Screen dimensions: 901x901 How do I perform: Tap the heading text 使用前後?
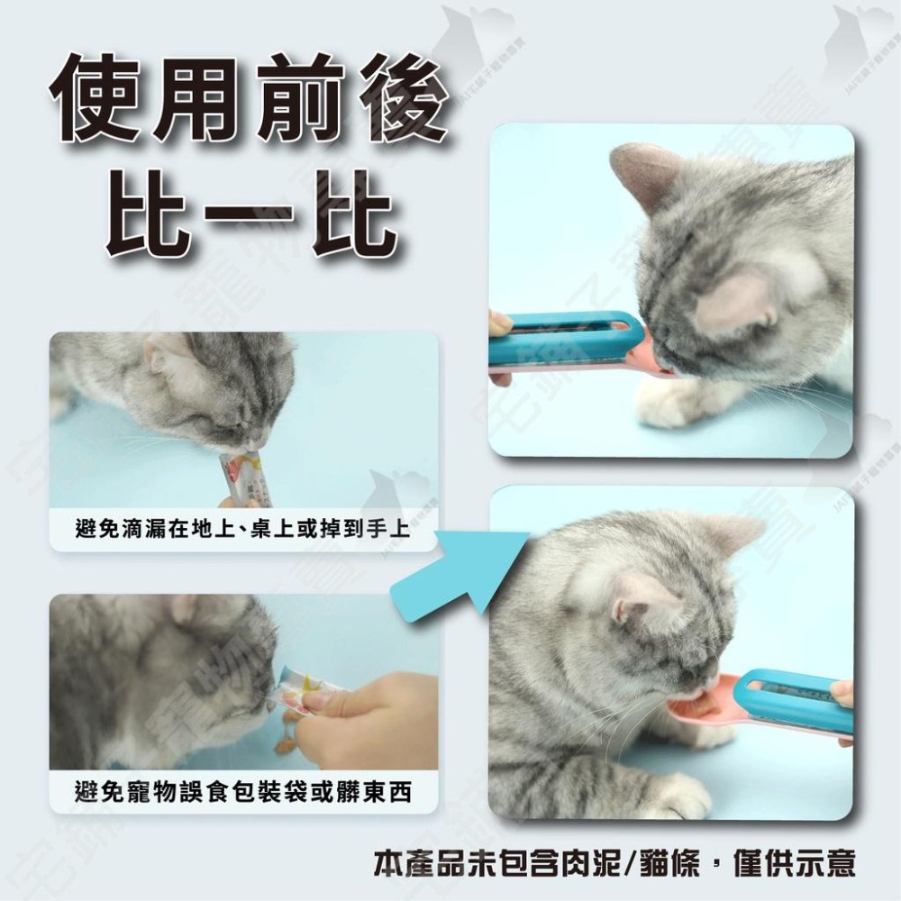[x=249, y=101]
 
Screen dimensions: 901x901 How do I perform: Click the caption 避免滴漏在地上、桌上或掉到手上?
[x=243, y=530]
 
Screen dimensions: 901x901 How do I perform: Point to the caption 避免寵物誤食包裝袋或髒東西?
[x=243, y=792]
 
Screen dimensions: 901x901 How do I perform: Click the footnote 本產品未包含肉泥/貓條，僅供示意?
[x=614, y=863]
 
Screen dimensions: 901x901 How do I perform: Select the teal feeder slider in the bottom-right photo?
[x=793, y=694]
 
